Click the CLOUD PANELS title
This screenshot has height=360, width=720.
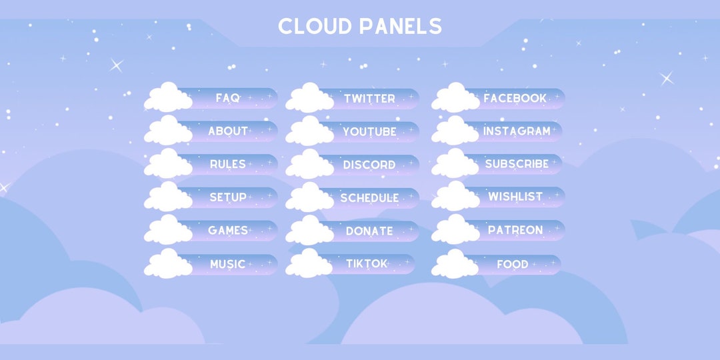coord(360,26)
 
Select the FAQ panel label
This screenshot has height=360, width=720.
coord(227,98)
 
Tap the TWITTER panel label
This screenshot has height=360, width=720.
coord(369,99)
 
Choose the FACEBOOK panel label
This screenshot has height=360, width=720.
coord(515,98)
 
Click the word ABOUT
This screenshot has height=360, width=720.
coord(228,131)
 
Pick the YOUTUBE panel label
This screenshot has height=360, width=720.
coord(369,132)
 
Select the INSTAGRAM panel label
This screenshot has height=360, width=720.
coord(517,131)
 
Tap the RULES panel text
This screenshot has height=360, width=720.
coord(228,164)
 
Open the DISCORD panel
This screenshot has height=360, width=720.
coord(369,165)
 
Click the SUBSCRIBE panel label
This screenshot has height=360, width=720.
coord(517,164)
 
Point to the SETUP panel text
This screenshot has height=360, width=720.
coord(228,197)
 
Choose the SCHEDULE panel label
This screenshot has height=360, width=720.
coord(369,198)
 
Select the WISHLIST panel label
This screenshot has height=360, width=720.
coord(515,197)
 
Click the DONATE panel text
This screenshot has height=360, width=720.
coord(369,231)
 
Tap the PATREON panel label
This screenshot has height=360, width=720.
coord(515,230)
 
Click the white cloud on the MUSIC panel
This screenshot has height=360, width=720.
coord(168,264)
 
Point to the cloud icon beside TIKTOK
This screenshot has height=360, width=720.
coord(309,263)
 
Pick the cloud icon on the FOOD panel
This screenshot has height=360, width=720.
coord(455,264)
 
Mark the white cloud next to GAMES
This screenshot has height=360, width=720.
coord(168,230)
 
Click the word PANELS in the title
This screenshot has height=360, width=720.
coord(400,26)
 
